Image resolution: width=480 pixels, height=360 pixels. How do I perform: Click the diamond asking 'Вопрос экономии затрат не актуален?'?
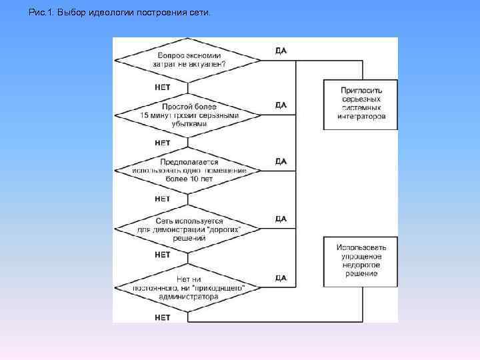point(189,59)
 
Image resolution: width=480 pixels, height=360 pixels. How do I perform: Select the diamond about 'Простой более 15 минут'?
point(189,115)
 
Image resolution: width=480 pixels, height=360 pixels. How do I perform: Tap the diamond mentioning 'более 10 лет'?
point(189,171)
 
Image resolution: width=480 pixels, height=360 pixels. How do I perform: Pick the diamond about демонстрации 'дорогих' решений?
point(189,228)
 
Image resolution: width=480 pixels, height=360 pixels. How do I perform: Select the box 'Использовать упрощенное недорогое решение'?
point(361,260)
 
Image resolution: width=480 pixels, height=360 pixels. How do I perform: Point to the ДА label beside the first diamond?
point(281,51)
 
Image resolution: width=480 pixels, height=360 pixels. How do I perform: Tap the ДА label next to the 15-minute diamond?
point(281,105)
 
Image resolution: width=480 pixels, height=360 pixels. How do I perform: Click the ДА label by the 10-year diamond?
point(281,161)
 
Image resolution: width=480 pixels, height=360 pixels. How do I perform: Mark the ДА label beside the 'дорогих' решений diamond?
point(281,219)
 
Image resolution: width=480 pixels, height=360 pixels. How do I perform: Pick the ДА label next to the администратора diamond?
point(281,277)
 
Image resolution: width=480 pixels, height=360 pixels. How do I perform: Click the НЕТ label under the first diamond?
point(163,87)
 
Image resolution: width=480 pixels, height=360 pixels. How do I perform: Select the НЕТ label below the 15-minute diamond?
point(163,143)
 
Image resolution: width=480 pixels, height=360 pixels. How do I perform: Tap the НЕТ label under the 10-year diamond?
point(163,199)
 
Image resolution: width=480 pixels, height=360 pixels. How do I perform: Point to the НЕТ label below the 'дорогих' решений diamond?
point(163,255)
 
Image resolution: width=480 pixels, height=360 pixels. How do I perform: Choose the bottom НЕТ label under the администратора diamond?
point(163,317)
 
